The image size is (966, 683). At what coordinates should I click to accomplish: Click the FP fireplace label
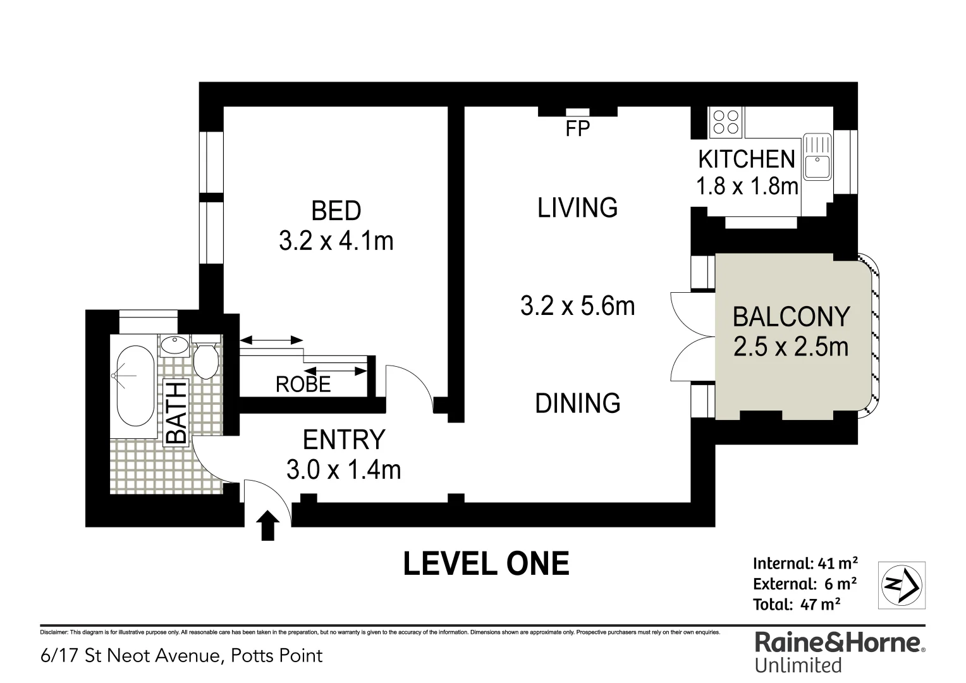point(577,129)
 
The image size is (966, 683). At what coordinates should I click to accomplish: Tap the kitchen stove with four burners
point(724,122)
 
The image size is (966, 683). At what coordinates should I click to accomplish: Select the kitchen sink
point(817,157)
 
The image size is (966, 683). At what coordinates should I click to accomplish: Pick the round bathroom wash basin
point(174,346)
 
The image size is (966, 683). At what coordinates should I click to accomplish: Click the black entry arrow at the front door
point(268,526)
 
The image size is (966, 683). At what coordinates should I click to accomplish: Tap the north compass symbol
point(902,585)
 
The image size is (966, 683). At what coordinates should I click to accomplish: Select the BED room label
point(336,211)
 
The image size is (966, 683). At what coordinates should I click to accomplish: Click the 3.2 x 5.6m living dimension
point(577,306)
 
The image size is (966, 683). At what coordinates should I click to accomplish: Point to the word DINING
point(577,403)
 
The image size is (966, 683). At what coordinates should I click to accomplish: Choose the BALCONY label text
point(791,316)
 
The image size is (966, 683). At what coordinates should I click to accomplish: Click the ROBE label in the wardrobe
point(303,384)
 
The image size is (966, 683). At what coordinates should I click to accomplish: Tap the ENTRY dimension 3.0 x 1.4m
point(343,470)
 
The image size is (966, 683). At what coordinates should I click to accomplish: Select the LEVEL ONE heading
point(486,563)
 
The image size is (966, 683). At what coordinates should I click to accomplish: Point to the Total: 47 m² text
point(796,605)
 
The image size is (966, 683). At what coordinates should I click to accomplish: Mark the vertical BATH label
point(176,412)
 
